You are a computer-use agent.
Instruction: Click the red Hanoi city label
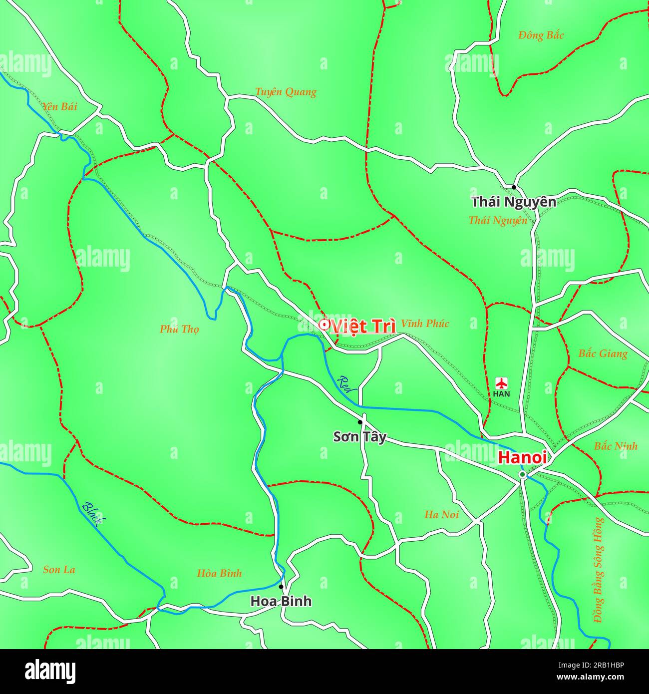pos(522,457)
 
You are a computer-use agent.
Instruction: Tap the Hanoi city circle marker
pos(522,474)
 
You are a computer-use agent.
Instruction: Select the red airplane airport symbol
pos(501,383)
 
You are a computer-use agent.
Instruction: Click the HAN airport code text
pos(501,394)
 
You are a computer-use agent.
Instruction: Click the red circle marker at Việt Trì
pos(324,325)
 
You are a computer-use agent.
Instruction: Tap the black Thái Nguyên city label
pos(514,202)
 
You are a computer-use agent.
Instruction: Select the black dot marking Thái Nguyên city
pos(514,187)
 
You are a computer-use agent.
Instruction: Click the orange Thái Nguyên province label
pos(497,220)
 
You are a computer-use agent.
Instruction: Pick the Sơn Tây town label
pos(359,437)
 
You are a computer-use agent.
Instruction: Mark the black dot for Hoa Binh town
pos(281,587)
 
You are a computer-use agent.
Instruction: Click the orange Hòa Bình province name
pos(219,573)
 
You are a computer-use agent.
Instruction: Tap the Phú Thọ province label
pos(179,329)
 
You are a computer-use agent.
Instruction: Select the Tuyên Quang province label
pos(286,92)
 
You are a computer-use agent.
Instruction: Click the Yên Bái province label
pos(59,106)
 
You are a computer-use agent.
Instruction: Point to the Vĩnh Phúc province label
pos(425,324)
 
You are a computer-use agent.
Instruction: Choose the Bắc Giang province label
pos(603,353)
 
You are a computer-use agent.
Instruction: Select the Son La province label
pos(59,570)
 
